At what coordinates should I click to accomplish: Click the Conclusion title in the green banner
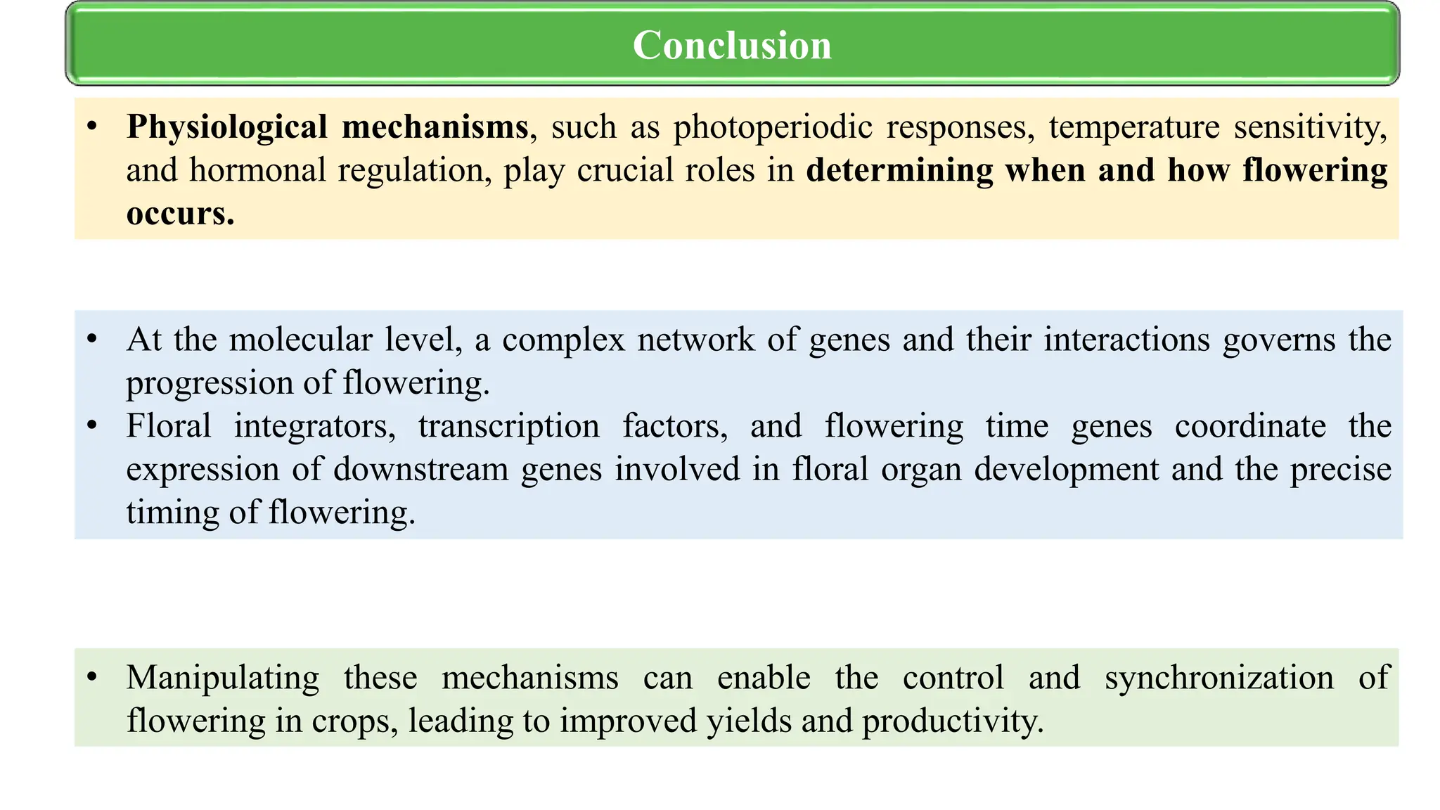[732, 45]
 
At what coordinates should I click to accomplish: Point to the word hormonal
[258, 171]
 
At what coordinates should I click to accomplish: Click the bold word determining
[899, 171]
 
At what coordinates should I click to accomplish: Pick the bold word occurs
[180, 214]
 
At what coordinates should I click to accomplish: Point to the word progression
[209, 384]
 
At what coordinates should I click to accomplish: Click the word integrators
[314, 427]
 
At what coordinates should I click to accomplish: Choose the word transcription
[509, 427]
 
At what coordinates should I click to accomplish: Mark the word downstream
[420, 470]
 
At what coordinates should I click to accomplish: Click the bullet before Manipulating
[91, 677]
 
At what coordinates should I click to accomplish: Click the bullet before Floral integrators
[91, 425]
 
